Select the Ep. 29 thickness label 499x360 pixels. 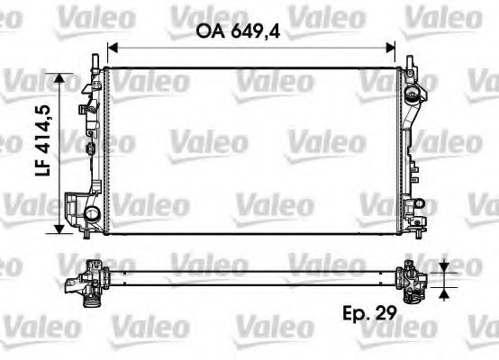click(x=369, y=315)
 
